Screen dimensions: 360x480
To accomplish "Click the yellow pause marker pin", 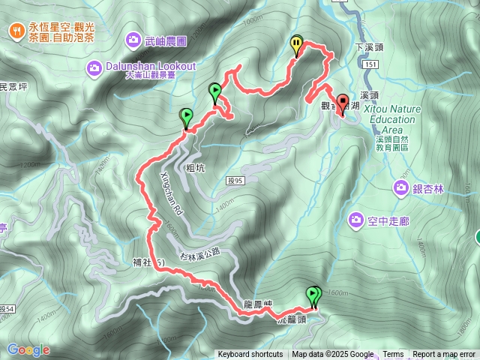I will [297, 45].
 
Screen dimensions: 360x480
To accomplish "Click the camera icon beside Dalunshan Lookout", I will [94, 68].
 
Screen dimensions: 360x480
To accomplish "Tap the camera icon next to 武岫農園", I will [133, 38].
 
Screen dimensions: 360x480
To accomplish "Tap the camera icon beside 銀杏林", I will [401, 188].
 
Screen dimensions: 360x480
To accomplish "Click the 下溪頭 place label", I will [368, 46].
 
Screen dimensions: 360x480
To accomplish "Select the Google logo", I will [28, 349].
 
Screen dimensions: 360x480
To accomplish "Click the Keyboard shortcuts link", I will [250, 355].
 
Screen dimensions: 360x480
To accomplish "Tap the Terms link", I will [393, 355].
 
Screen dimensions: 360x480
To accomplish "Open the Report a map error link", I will [444, 355].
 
